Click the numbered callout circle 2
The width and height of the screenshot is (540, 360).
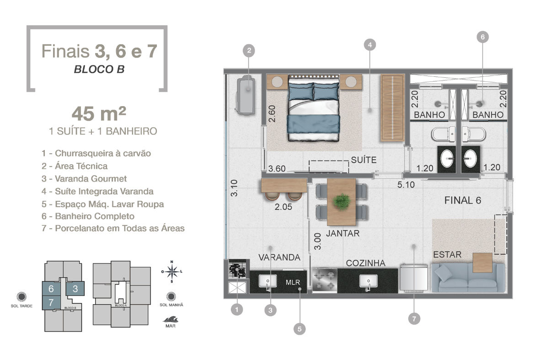249,51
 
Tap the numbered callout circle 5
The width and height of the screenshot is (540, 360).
299,329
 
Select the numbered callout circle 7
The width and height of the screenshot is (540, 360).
414,319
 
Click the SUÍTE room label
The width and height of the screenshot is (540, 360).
364,160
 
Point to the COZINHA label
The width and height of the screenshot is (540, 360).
365,263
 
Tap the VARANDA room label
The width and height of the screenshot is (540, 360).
279,258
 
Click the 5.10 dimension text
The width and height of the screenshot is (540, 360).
406,185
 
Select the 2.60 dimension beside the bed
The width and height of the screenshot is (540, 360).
272,114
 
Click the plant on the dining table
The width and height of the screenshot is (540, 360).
342,201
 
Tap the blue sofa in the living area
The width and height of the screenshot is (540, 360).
467,277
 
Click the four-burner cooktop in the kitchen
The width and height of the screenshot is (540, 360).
324,280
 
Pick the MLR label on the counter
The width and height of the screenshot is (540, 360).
293,283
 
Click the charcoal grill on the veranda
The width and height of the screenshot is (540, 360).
237,269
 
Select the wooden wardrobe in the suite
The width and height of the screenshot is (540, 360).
392,108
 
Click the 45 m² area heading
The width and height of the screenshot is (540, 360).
99,113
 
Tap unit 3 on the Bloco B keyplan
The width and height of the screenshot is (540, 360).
75,289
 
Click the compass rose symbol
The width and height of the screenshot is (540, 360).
172,271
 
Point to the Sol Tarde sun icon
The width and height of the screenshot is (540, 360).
21,296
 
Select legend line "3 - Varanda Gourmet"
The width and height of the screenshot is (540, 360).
84,178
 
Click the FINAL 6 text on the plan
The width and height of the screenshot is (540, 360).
463,200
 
